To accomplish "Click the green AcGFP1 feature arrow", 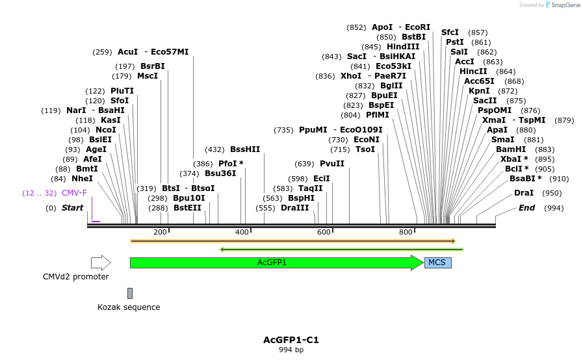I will click(x=273, y=263).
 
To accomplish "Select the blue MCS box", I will click(x=437, y=263).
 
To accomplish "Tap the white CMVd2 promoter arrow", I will click(x=101, y=263).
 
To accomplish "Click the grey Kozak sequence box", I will click(x=130, y=293).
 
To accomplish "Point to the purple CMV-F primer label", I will click(x=74, y=193).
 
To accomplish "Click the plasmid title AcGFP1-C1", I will click(x=291, y=340).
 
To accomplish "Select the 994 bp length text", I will click(x=291, y=350).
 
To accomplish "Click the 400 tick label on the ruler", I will click(x=242, y=232).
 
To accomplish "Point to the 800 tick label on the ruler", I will click(x=406, y=232).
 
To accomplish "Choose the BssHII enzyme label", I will click(x=245, y=149).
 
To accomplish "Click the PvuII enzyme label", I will click(x=332, y=164).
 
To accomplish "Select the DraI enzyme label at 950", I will click(x=524, y=193).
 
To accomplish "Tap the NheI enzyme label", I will click(x=82, y=179).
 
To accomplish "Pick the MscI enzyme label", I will click(x=148, y=76).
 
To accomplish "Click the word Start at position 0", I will click(x=73, y=208).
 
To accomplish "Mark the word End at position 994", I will click(x=526, y=208).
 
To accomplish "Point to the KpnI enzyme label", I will click(x=480, y=91).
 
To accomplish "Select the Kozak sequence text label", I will click(x=129, y=307).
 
